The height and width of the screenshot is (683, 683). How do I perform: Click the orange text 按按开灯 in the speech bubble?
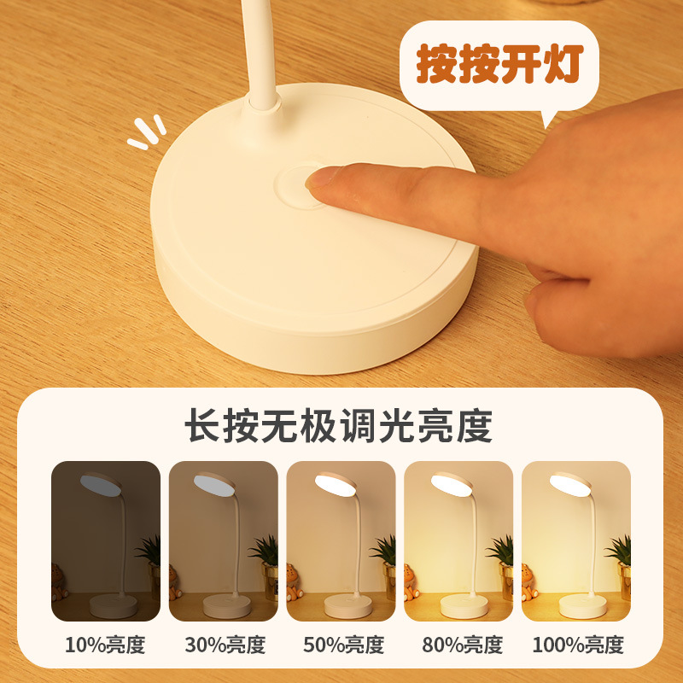click(499, 65)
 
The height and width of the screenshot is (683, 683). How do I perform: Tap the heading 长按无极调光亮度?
click(340, 424)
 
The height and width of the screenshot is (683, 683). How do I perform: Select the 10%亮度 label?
click(105, 645)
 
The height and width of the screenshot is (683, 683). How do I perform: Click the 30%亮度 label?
click(223, 645)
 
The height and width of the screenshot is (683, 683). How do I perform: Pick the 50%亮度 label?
click(341, 645)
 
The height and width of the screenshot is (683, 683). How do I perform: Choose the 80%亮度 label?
click(458, 645)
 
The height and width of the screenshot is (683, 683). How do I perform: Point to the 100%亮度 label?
click(576, 645)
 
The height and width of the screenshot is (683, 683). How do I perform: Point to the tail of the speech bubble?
click(547, 119)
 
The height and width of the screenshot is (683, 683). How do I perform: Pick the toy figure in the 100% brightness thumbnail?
click(528, 583)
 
